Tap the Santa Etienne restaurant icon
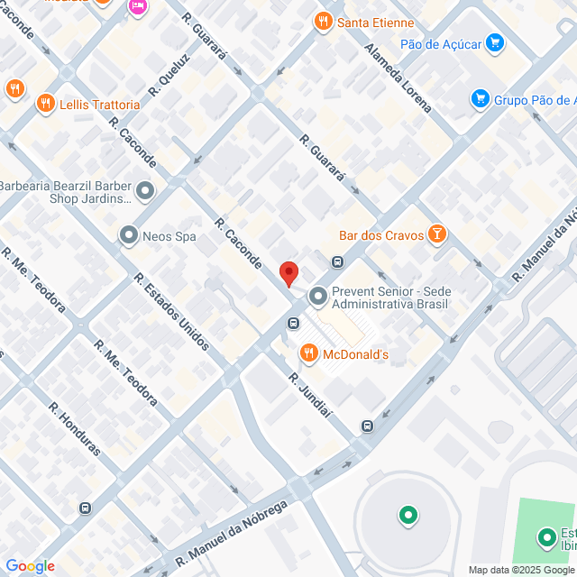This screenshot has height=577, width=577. point(322,21)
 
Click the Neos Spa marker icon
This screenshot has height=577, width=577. point(128,237)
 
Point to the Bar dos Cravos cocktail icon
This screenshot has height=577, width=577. point(436,235)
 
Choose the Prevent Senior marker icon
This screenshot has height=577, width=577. point(317,296)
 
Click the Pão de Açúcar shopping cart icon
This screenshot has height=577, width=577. point(494,41)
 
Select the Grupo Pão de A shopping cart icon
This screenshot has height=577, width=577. point(480,99)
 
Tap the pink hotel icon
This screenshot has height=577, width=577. point(137,6)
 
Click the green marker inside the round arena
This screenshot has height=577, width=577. point(408,516)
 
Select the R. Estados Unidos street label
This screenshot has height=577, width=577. point(171,311)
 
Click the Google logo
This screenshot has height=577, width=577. point(30,565)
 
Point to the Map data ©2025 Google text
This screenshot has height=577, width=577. point(521,569)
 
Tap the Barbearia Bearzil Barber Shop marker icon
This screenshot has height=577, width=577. point(145,190)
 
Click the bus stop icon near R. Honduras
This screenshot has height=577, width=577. point(85,508)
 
